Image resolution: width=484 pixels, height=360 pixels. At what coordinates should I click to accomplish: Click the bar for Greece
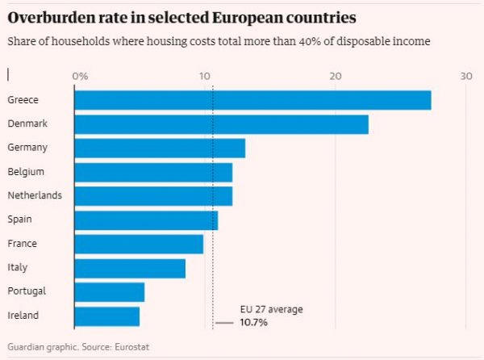pyautogui.click(x=252, y=100)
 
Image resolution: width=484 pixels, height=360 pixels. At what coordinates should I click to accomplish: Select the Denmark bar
pyautogui.click(x=221, y=124)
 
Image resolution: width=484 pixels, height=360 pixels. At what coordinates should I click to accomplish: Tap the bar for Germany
pyautogui.click(x=160, y=148)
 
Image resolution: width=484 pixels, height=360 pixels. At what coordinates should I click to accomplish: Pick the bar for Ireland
pyautogui.click(x=106, y=316)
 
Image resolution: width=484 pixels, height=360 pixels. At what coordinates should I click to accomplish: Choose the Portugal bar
pyautogui.click(x=109, y=291)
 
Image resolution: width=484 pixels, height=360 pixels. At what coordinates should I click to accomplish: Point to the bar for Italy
pyautogui.click(x=130, y=268)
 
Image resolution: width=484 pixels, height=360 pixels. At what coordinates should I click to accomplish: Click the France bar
pyautogui.click(x=139, y=244)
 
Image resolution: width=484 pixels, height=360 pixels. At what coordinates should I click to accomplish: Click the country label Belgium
pyautogui.click(x=26, y=172)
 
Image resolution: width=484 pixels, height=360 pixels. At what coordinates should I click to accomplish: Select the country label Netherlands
pyautogui.click(x=35, y=195)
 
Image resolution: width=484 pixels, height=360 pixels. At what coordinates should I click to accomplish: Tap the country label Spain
pyautogui.click(x=20, y=220)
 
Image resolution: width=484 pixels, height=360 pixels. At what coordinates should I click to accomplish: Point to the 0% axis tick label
pyautogui.click(x=81, y=76)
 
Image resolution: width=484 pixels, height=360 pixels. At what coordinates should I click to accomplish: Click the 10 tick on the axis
pyautogui.click(x=205, y=76)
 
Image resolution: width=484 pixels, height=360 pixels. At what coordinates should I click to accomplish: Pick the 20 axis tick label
pyautogui.click(x=335, y=76)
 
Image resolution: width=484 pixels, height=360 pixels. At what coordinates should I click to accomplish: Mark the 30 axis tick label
pyautogui.click(x=465, y=76)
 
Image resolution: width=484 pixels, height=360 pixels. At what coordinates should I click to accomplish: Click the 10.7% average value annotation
pyautogui.click(x=253, y=323)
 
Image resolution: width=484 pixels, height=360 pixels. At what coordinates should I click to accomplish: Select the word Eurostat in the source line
pyautogui.click(x=131, y=347)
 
